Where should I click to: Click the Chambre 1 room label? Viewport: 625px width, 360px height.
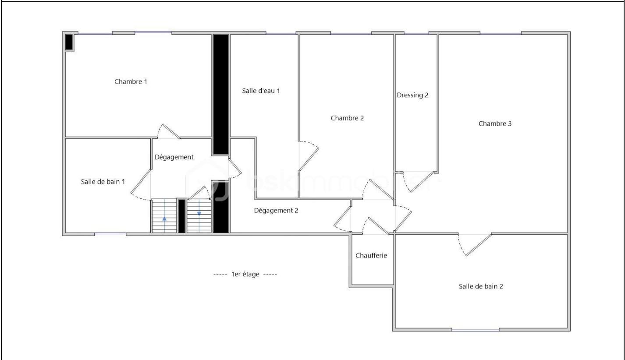[131, 81]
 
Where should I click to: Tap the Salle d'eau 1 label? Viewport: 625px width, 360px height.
[261, 91]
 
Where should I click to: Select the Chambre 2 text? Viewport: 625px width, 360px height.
[347, 118]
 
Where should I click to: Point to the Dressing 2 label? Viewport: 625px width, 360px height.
[412, 95]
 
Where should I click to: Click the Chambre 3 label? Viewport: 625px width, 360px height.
[495, 124]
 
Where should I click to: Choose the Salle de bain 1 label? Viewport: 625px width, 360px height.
[103, 182]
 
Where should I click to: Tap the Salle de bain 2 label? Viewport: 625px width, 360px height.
[481, 286]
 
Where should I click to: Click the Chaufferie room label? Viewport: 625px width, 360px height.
[371, 255]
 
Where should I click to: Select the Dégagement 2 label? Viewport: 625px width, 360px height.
[276, 211]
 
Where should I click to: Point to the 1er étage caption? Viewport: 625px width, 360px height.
[245, 275]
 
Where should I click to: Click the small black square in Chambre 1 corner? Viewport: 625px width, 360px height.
[69, 42]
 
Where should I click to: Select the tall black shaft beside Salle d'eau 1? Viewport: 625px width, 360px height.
[221, 94]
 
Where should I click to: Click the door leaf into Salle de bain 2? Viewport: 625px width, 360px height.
[479, 244]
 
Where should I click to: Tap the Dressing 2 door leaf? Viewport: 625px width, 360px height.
[422, 182]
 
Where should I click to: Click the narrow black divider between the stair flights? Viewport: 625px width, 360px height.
[181, 216]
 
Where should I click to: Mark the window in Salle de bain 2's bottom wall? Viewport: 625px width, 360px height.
[476, 330]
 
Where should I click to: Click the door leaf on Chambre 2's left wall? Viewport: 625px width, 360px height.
[309, 159]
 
